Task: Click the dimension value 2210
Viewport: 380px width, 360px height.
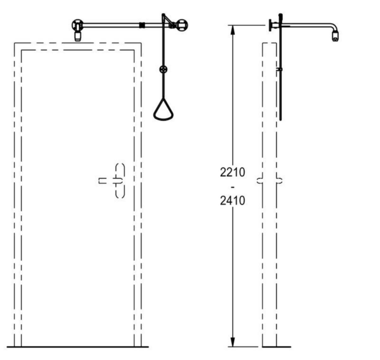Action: pyautogui.click(x=232, y=172)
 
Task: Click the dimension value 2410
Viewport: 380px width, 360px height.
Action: pyautogui.click(x=232, y=201)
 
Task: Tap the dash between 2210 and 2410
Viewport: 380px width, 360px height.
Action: pyautogui.click(x=232, y=187)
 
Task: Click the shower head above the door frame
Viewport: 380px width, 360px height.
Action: pyautogui.click(x=78, y=36)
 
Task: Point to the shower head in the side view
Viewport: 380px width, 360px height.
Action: pyautogui.click(x=336, y=36)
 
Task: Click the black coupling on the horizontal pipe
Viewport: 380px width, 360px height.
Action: pyautogui.click(x=142, y=25)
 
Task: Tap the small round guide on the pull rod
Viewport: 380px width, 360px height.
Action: pyautogui.click(x=163, y=69)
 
